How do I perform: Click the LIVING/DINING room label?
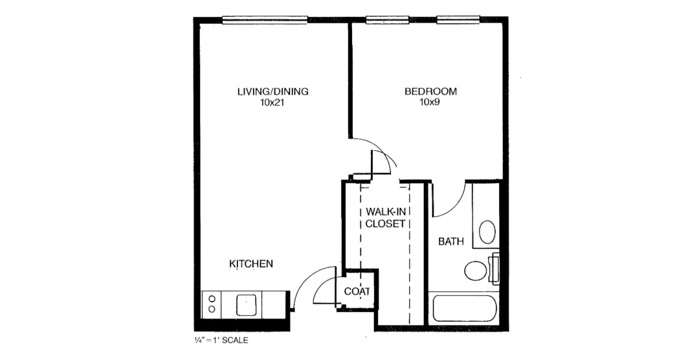coord(273,92)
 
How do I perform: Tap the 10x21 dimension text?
coord(273,102)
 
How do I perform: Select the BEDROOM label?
coord(430,92)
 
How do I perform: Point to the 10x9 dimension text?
coord(430,102)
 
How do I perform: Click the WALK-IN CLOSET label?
coord(386,218)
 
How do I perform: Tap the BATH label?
coord(451,242)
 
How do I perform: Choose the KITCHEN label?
coord(251,264)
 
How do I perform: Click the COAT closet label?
coord(357,291)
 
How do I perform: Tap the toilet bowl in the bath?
coord(475,271)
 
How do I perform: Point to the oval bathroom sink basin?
coord(487,232)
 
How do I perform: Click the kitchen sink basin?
coord(246,305)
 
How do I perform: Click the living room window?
coord(265,19)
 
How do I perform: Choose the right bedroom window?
coord(458,19)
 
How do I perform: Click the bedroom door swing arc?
coord(379,146)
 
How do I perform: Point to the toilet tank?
coord(494,269)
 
